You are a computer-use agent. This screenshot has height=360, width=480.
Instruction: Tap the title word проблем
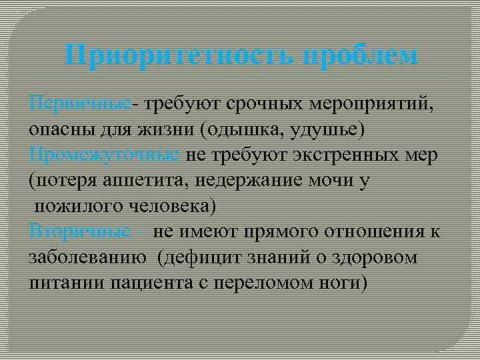pyautogui.click(x=359, y=55)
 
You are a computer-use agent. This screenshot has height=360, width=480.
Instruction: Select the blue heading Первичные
pyautogui.click(x=80, y=104)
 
